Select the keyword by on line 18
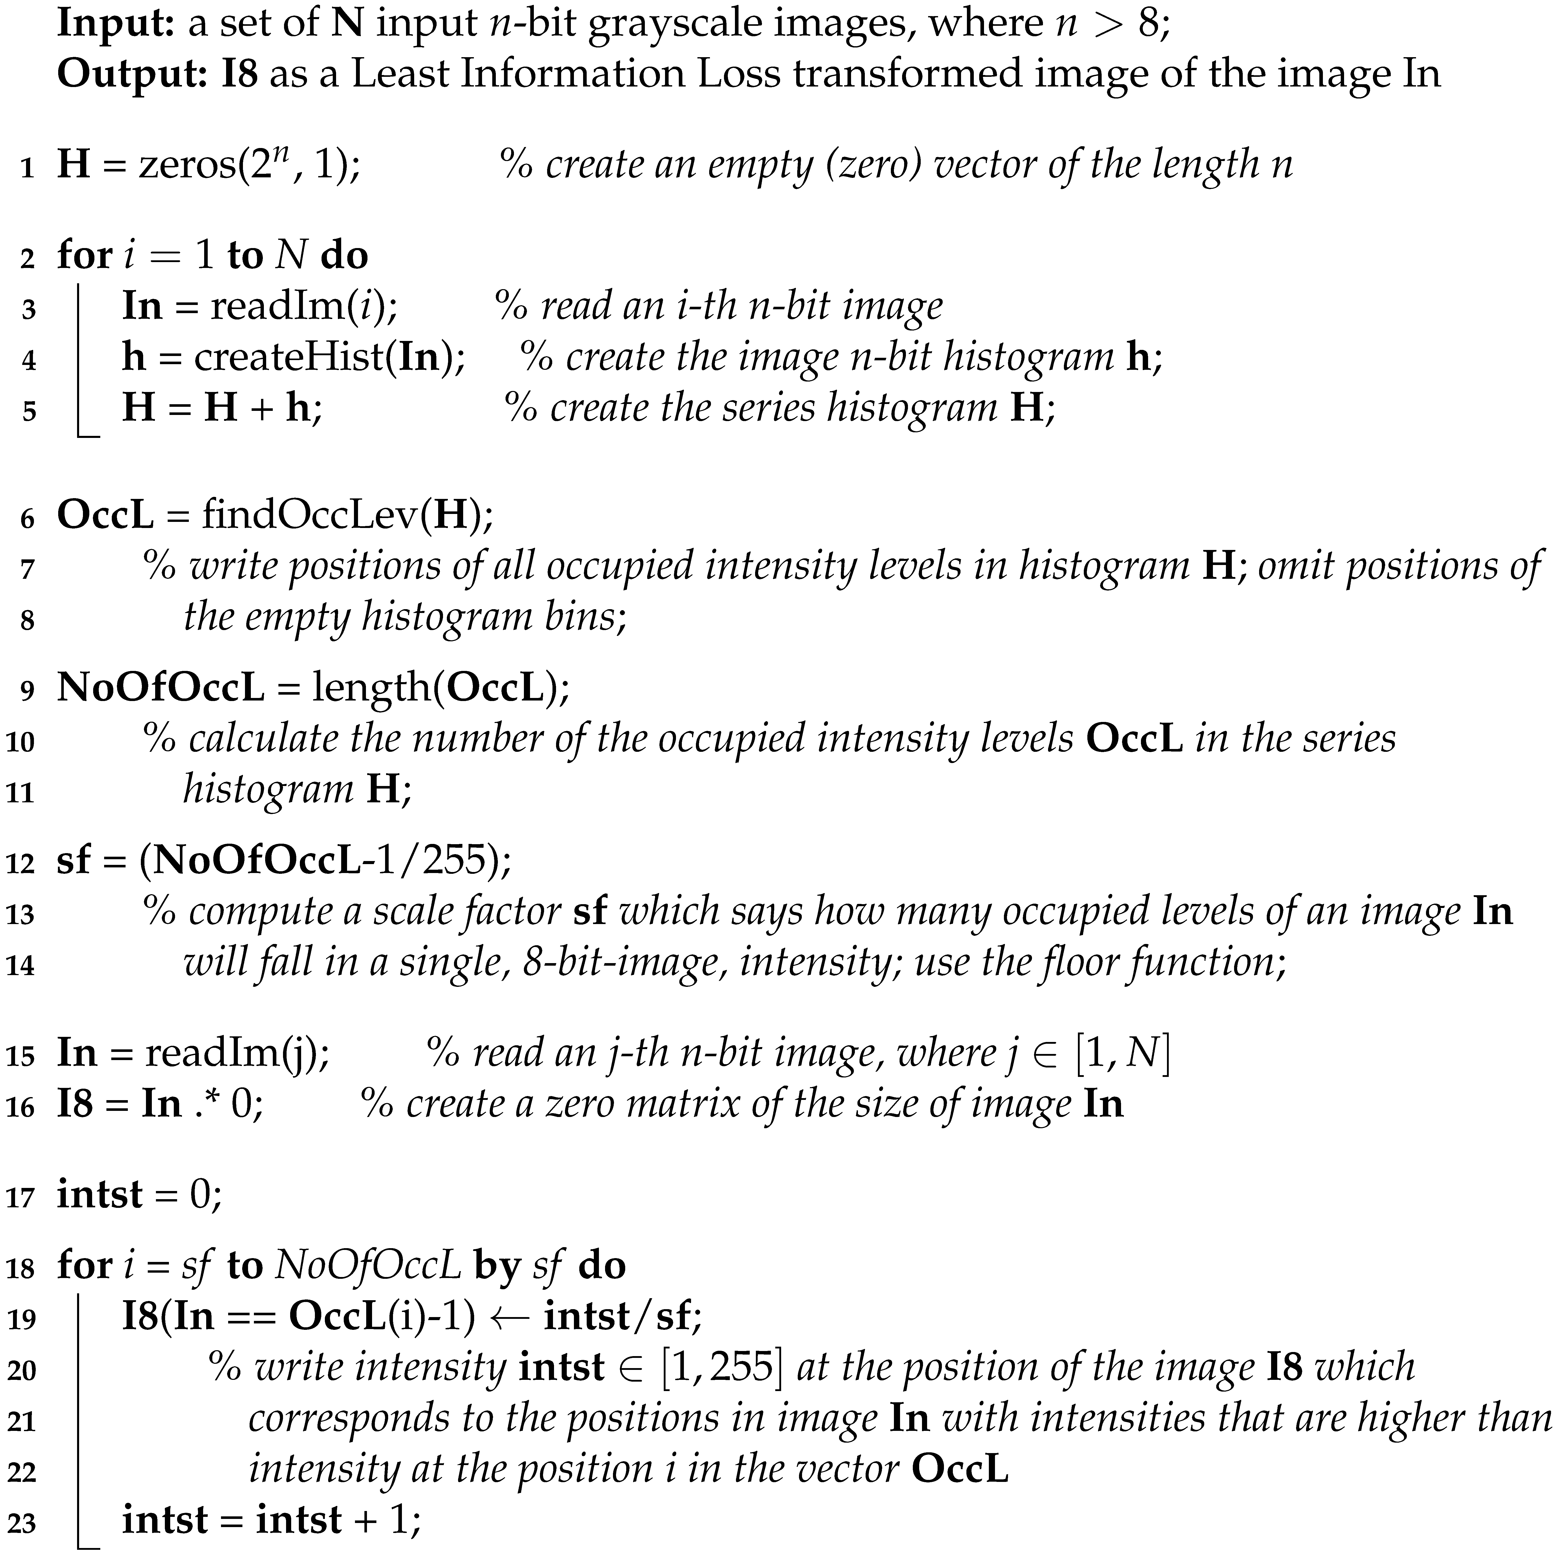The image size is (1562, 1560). tap(496, 1266)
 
